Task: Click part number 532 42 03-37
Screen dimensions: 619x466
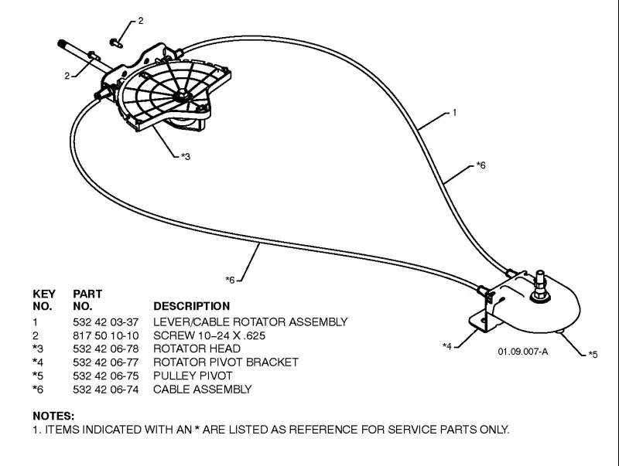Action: point(106,322)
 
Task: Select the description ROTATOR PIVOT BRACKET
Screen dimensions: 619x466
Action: point(226,362)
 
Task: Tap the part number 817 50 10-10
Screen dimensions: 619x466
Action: point(106,335)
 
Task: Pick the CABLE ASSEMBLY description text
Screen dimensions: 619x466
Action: point(203,389)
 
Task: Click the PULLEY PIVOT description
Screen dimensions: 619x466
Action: point(193,376)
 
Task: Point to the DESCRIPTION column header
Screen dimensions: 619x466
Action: point(191,306)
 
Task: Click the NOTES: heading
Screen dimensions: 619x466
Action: point(53,416)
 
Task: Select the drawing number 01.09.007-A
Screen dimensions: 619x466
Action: point(523,352)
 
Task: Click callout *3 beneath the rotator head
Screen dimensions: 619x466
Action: point(186,157)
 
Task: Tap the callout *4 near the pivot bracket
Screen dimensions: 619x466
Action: point(447,346)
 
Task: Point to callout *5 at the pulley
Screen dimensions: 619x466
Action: point(593,355)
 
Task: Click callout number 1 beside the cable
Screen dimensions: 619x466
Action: point(454,113)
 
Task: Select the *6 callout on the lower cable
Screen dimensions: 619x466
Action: point(230,280)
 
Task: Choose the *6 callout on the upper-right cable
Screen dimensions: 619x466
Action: point(480,165)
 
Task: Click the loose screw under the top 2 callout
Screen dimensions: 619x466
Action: point(116,43)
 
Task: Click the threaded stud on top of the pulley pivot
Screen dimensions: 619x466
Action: point(539,283)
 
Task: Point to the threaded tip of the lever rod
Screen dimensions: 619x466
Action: point(63,44)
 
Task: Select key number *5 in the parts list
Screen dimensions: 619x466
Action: point(38,376)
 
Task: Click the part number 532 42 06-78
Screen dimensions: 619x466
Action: point(106,349)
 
